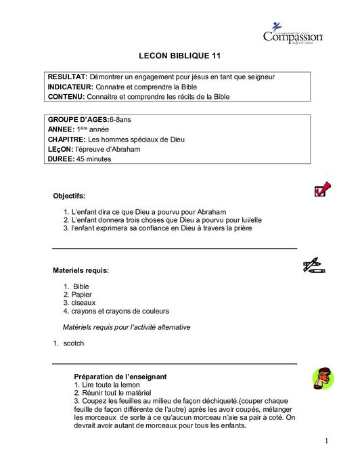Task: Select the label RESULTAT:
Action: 68,77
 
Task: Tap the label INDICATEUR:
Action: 71,87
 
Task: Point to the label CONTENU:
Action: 66,97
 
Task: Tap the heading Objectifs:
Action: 69,196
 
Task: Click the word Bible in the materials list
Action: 81,287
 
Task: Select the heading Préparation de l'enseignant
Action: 120,376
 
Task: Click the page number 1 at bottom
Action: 325,442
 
